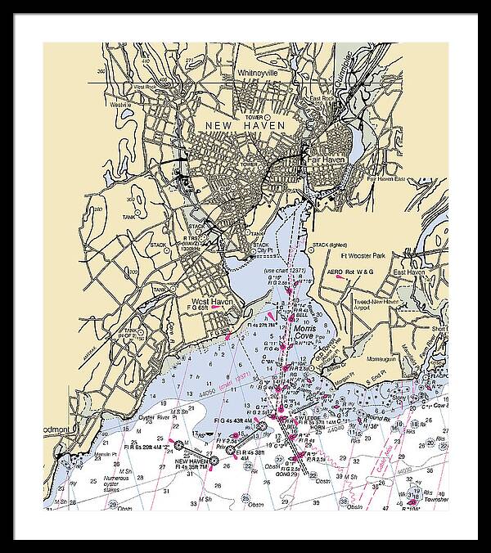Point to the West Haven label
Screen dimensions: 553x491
click(212, 302)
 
